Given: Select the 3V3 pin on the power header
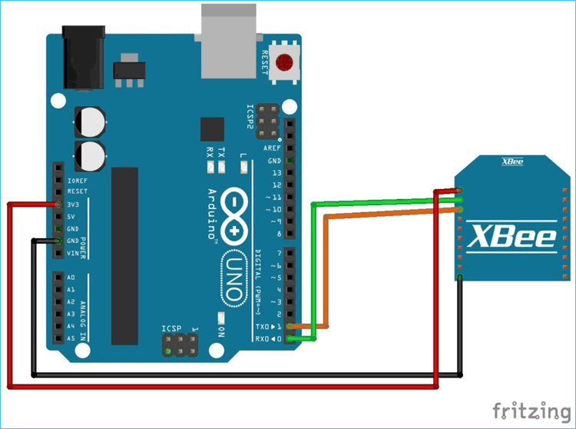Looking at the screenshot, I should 58,205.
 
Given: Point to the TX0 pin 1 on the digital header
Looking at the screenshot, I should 290,326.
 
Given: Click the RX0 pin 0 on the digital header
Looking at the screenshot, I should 290,338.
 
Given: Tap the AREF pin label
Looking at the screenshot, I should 272,148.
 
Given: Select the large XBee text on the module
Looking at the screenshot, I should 512,236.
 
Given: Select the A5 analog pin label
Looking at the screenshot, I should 71,338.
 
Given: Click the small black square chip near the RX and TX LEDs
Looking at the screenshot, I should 211,128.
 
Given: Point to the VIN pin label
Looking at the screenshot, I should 74,253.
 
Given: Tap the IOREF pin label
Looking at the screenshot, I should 78,180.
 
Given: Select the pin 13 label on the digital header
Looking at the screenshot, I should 276,172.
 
